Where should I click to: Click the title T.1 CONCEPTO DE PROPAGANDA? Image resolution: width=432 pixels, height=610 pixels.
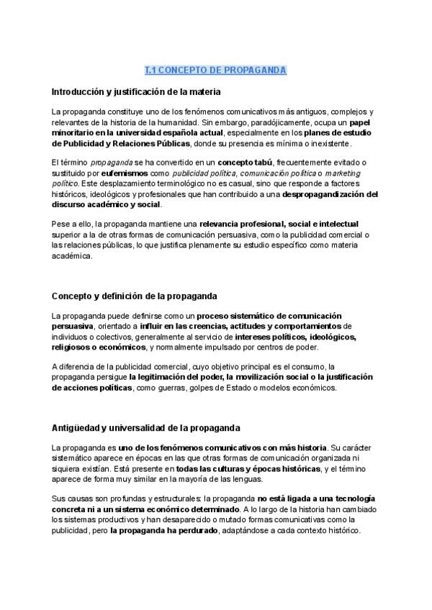[x=215, y=70]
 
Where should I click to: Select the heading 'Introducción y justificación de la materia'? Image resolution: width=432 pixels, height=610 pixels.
[x=136, y=92]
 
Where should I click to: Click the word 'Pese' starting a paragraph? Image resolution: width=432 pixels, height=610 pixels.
[x=60, y=224]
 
